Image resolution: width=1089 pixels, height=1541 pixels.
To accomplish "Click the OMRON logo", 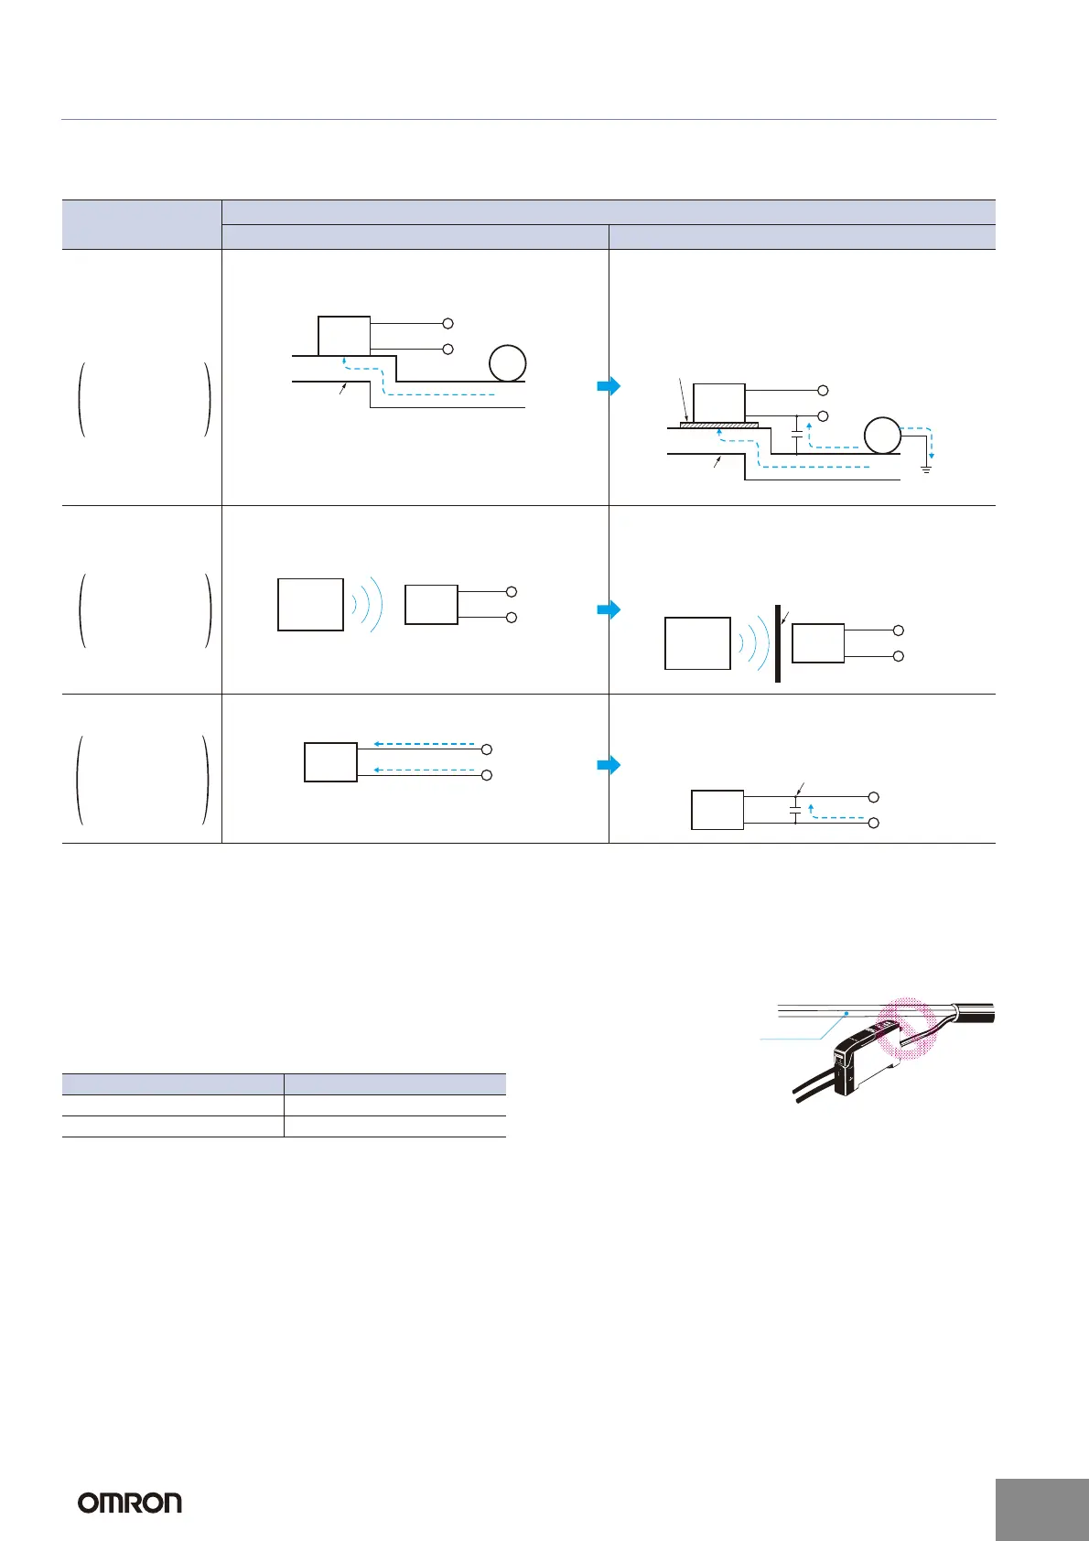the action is pyautogui.click(x=129, y=1503).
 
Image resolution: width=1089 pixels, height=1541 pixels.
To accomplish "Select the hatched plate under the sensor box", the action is pyautogui.click(x=720, y=424).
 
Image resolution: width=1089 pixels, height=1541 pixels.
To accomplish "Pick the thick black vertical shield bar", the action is pyautogui.click(x=777, y=643).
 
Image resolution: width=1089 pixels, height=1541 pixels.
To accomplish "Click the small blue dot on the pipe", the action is pyautogui.click(x=848, y=1013).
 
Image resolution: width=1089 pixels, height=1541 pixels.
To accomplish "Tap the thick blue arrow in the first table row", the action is pyautogui.click(x=609, y=385).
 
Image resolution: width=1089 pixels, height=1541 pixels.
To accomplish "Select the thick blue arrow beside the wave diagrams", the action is pyautogui.click(x=609, y=609).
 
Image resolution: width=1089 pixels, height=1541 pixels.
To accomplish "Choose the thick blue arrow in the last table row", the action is pyautogui.click(x=609, y=765).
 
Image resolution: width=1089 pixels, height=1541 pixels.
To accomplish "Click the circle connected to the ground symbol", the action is pyautogui.click(x=882, y=435).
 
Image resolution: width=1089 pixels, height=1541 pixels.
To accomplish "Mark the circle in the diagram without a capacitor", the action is pyautogui.click(x=507, y=363).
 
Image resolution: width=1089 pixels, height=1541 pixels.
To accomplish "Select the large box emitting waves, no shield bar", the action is pyautogui.click(x=310, y=605).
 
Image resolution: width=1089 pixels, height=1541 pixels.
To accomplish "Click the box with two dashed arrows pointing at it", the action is pyautogui.click(x=330, y=762).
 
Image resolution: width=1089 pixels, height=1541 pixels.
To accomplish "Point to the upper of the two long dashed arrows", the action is pyautogui.click(x=425, y=744).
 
